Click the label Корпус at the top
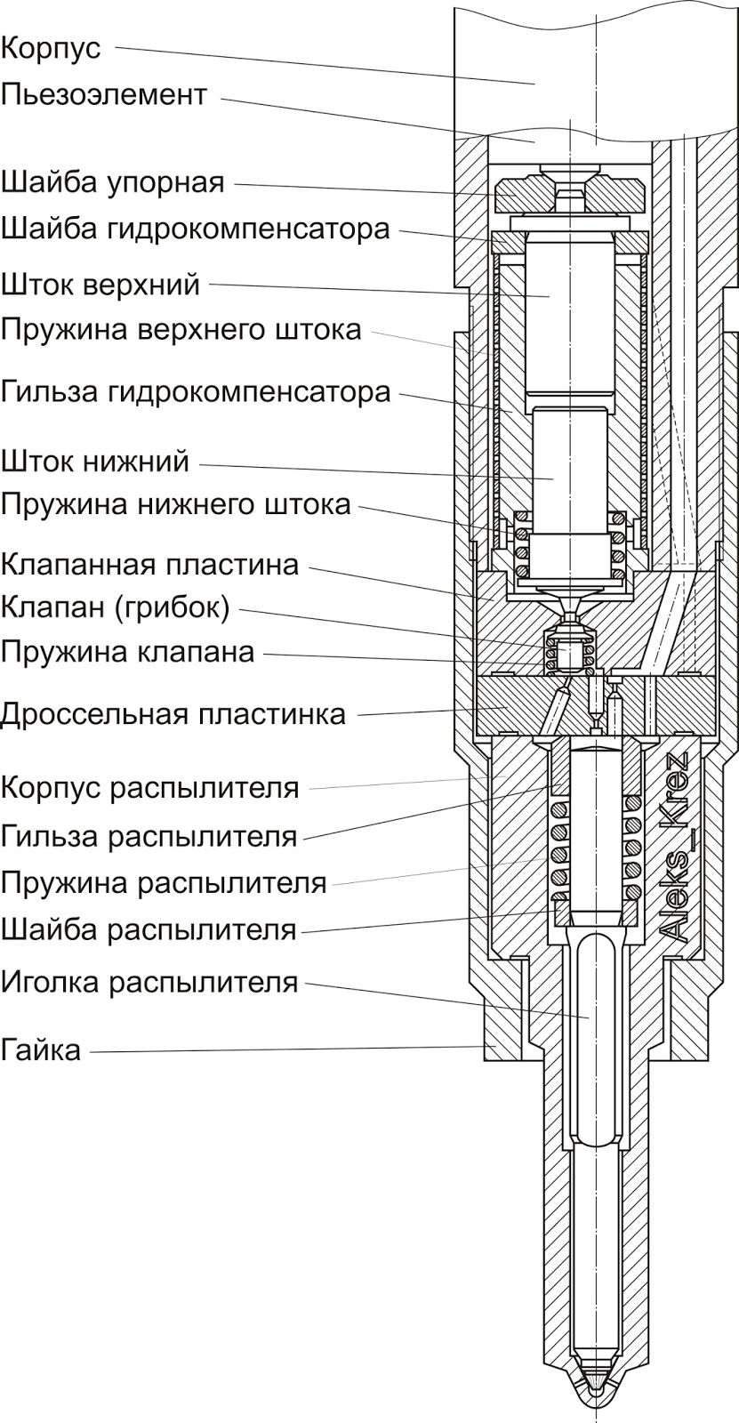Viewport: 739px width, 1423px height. pyautogui.click(x=51, y=48)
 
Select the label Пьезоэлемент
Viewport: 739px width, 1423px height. pyautogui.click(x=104, y=94)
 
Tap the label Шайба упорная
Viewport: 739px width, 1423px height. pyautogui.click(x=112, y=183)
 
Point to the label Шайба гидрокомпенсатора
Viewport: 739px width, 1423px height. pyautogui.click(x=195, y=229)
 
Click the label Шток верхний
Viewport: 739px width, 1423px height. pyautogui.click(x=100, y=285)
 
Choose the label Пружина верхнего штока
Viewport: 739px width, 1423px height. pyautogui.click(x=181, y=330)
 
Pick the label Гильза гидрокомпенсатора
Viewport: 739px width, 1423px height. pyautogui.click(x=196, y=391)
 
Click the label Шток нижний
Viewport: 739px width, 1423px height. pyautogui.click(x=95, y=462)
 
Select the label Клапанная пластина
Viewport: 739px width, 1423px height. pyautogui.click(x=149, y=564)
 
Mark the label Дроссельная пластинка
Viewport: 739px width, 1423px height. pyautogui.click(x=173, y=714)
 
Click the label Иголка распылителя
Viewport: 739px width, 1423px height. pyautogui.click(x=149, y=983)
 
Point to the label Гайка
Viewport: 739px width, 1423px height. pyautogui.click(x=41, y=1050)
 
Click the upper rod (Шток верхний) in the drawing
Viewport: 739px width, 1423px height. pyautogui.click(x=570, y=311)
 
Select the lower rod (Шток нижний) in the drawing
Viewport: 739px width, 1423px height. pyautogui.click(x=570, y=471)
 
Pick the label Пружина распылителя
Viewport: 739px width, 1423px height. pyautogui.click(x=164, y=884)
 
